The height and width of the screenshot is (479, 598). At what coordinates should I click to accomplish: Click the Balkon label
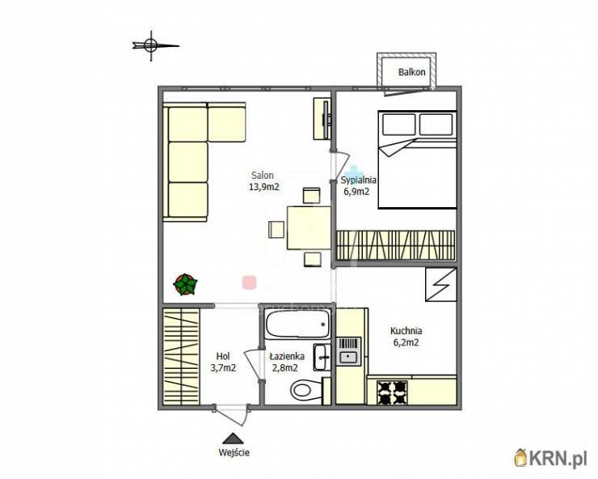tap(411, 72)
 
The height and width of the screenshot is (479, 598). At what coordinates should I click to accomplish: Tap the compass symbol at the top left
tap(151, 45)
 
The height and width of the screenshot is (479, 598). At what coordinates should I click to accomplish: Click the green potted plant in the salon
tap(185, 284)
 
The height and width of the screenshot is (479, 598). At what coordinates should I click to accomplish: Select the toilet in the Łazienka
tap(305, 390)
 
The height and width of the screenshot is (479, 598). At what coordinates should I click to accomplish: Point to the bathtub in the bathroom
tap(297, 324)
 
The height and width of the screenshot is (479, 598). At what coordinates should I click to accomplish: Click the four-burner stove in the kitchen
tap(392, 392)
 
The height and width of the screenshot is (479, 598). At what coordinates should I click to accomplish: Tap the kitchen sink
tap(348, 351)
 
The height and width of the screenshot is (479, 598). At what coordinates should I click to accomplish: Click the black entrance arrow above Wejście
tap(232, 438)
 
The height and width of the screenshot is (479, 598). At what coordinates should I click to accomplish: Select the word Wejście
tap(234, 452)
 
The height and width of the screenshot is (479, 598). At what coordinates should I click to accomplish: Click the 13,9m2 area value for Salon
tap(264, 187)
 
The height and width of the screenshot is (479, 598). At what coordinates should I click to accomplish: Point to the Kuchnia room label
tap(406, 331)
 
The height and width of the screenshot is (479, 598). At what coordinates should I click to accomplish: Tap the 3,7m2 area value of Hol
tap(223, 368)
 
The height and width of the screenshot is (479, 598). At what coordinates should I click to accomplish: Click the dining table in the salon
tap(309, 227)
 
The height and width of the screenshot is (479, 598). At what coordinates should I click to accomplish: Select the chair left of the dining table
tap(276, 230)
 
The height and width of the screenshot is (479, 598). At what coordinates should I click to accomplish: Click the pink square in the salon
tap(250, 282)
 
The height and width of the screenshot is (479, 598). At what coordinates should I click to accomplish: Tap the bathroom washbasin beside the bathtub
tap(322, 357)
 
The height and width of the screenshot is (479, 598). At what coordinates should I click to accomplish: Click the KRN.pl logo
tap(550, 457)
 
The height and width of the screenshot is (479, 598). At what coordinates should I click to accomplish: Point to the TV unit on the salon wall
tap(322, 118)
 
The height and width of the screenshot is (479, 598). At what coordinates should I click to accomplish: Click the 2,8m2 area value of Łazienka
tap(284, 368)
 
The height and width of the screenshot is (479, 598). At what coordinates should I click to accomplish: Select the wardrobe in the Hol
tap(182, 356)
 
